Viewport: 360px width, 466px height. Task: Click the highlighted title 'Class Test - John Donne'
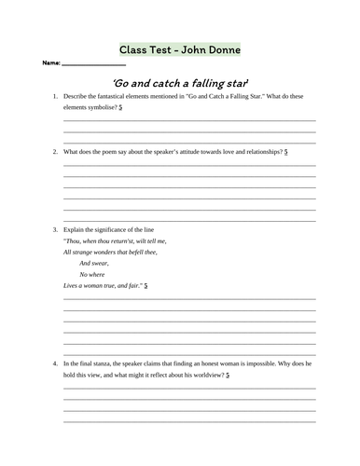179,48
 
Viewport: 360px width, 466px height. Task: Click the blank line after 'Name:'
92,64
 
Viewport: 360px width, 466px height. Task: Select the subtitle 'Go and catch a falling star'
179,83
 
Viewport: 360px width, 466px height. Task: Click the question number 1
55,97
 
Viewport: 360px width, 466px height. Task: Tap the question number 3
55,229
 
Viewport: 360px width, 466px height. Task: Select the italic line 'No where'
92,274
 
